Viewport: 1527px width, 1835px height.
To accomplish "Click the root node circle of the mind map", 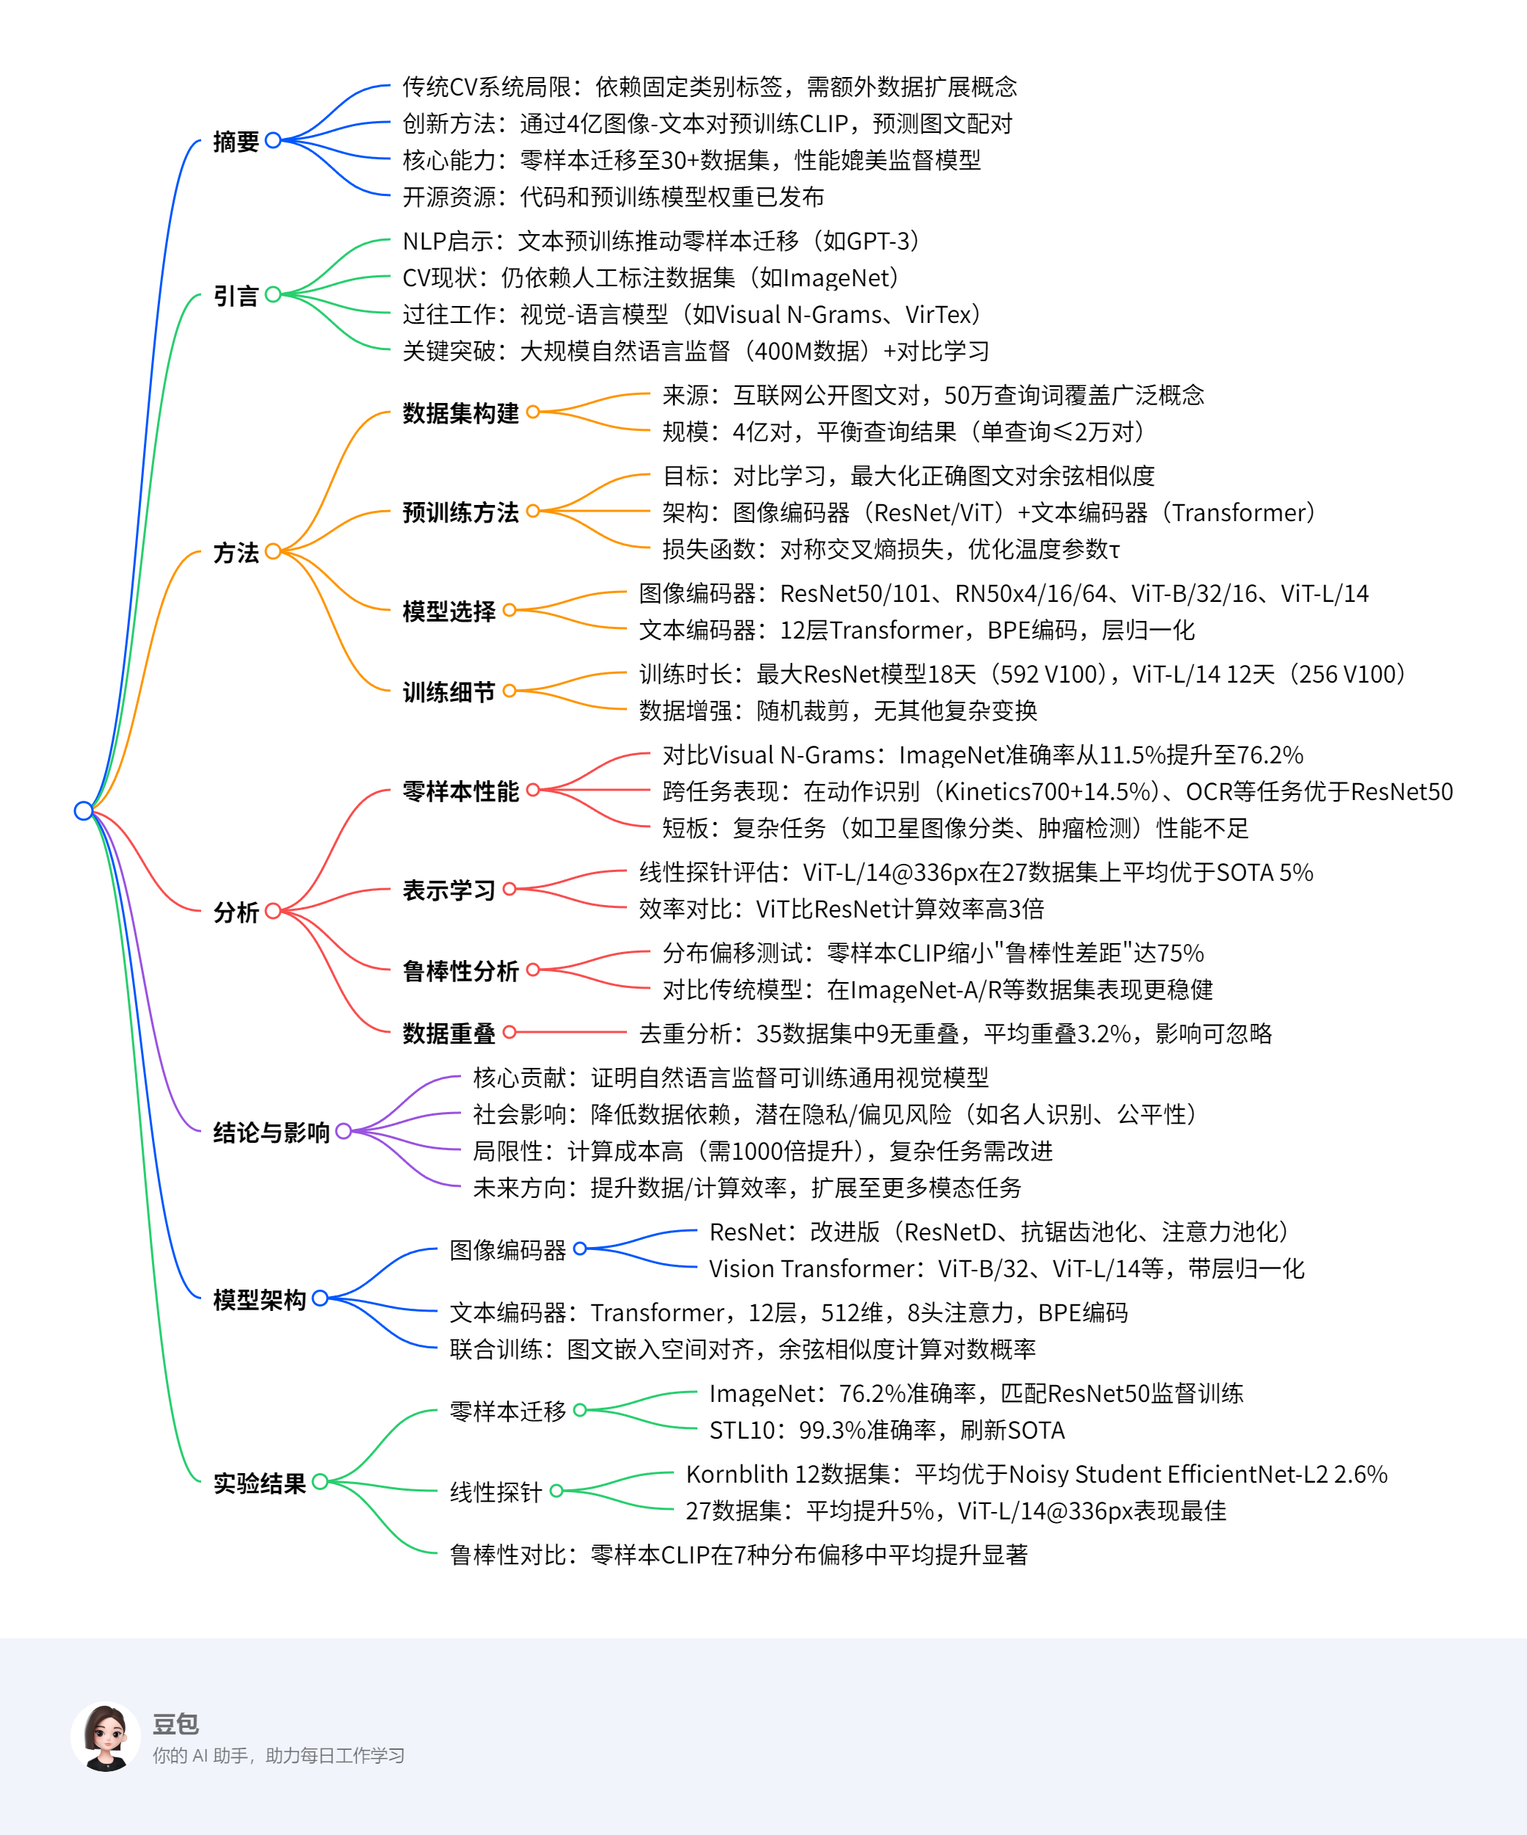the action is click(84, 811).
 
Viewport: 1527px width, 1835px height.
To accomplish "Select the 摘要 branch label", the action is click(236, 142).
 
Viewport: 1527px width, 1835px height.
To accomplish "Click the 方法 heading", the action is click(236, 552).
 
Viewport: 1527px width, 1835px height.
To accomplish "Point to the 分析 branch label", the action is click(236, 912).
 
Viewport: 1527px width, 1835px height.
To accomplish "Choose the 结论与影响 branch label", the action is click(271, 1133).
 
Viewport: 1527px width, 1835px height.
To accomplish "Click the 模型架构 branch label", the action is click(260, 1299).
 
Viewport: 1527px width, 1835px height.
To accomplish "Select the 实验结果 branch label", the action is click(260, 1483).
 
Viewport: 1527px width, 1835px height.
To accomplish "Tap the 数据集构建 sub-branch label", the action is click(460, 413).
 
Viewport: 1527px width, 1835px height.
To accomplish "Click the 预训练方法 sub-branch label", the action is click(460, 512).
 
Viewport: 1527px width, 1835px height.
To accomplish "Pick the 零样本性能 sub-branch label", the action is click(460, 791).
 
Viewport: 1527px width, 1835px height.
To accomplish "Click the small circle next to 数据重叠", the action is click(509, 1032).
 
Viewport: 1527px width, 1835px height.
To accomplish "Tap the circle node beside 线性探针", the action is click(556, 1491).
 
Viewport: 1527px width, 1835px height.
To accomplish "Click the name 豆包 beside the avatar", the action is click(175, 1723).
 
